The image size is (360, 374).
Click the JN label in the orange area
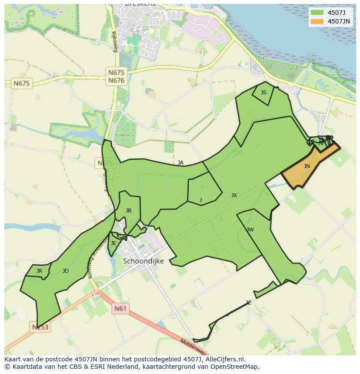coord(307,166)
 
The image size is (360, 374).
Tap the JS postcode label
coord(263,93)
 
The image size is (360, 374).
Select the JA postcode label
coord(180,163)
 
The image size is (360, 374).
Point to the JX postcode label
coord(234,195)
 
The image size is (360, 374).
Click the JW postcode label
coord(250,230)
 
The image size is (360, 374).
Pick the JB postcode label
coord(128,211)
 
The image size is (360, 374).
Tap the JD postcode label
coord(65,271)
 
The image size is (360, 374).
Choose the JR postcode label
coord(39,271)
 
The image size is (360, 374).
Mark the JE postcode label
coord(113,243)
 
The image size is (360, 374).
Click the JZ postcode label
coord(248,303)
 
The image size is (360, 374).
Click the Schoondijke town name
coord(143,261)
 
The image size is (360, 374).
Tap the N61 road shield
coord(120,309)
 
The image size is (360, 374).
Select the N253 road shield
coord(40,327)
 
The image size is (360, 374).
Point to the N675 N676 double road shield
coord(116,77)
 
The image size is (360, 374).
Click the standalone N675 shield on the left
coord(22,83)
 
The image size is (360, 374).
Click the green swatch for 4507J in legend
coord(317,12)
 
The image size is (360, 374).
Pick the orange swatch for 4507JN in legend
coord(317,21)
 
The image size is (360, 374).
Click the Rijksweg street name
coord(115,41)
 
